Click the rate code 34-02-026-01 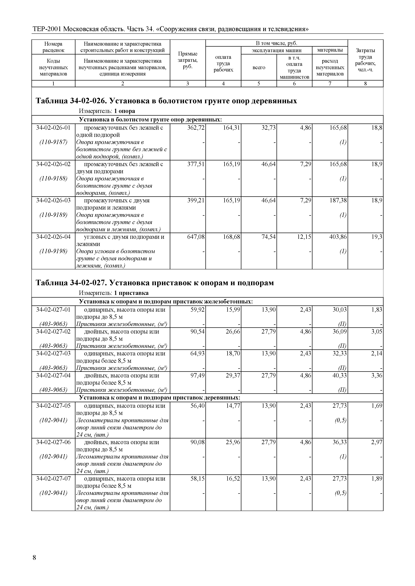click(x=53, y=128)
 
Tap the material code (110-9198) click(x=53, y=251)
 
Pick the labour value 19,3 click(x=377, y=237)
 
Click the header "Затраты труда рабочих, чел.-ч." click(x=365, y=60)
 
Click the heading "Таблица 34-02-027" click(x=154, y=283)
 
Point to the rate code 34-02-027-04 click(x=53, y=375)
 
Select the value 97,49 click(x=197, y=375)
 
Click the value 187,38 click(x=338, y=200)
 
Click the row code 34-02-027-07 click(x=53, y=479)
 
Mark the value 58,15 click(x=197, y=479)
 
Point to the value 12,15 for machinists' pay click(x=304, y=237)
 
